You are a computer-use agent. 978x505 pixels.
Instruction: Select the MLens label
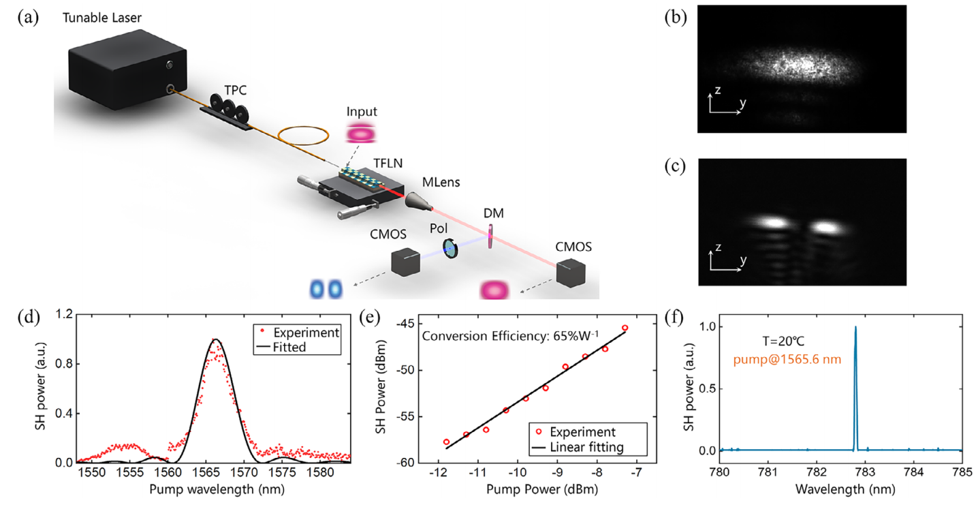(x=440, y=182)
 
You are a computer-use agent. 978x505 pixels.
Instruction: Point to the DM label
(x=493, y=213)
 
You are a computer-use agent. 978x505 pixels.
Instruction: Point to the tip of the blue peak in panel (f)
(x=855, y=327)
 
